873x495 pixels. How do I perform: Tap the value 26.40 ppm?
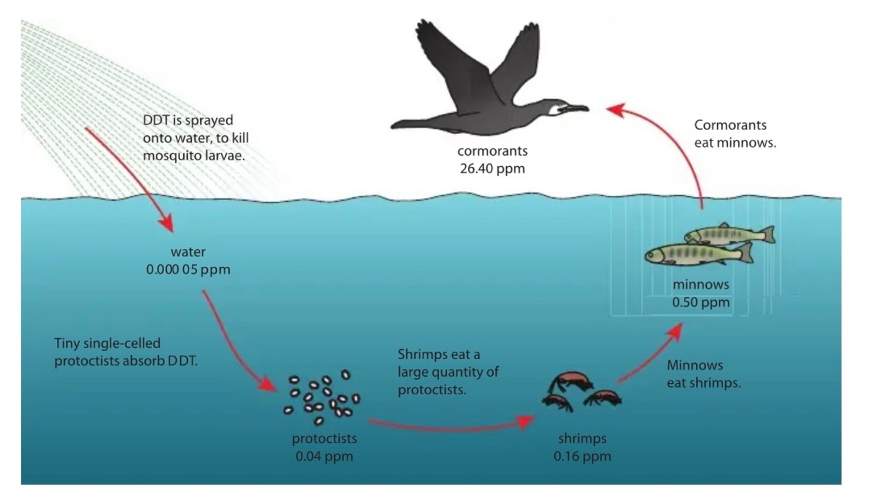[x=492, y=169]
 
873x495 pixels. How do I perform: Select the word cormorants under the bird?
[x=492, y=151]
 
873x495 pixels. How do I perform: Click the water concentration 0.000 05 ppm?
[x=188, y=269]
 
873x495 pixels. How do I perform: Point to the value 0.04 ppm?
[x=324, y=456]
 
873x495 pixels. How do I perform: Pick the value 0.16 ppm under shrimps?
[x=582, y=456]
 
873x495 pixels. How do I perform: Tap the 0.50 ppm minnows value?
[x=700, y=302]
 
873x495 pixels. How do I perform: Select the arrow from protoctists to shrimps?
[x=452, y=427]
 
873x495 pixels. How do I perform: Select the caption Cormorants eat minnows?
[x=735, y=133]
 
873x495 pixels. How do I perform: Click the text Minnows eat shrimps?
[x=704, y=374]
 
